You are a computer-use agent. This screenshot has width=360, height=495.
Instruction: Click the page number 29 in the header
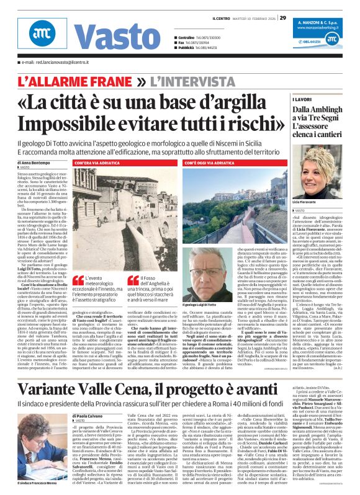[284, 17]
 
